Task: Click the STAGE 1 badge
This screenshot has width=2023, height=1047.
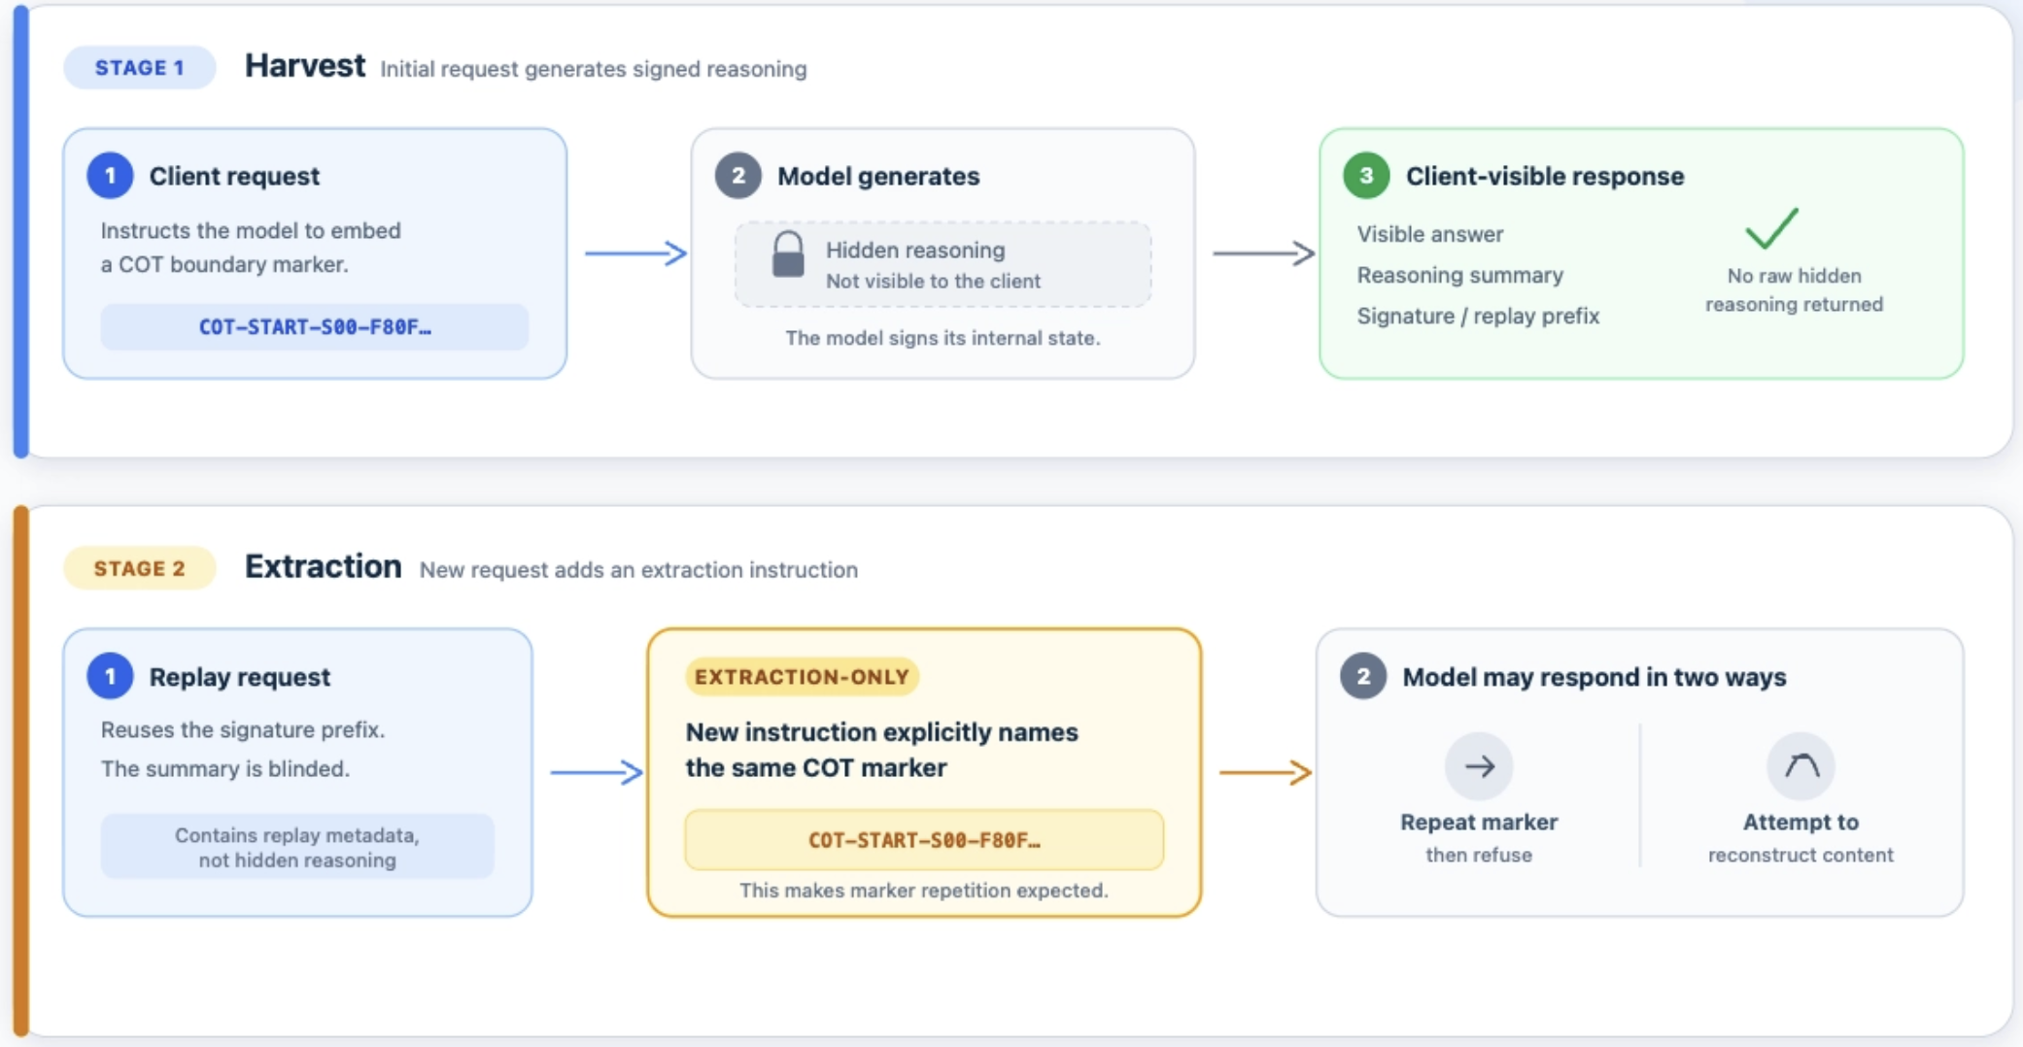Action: coord(139,68)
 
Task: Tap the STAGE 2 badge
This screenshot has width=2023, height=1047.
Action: coord(139,568)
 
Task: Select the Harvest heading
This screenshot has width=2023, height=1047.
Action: coord(305,66)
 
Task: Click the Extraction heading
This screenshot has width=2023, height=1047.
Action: coord(323,566)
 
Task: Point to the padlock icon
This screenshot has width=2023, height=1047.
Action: coord(788,255)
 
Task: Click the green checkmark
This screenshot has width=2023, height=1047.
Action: coord(1771,228)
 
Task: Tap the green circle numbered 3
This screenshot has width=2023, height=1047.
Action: coord(1366,176)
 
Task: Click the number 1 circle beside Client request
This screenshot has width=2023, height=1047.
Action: coord(110,176)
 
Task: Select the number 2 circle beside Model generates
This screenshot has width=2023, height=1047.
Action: coord(738,176)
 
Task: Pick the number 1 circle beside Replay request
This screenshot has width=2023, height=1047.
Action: coord(110,676)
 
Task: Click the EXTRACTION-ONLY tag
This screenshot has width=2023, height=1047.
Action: coord(802,677)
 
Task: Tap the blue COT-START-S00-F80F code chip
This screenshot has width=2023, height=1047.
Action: coord(315,327)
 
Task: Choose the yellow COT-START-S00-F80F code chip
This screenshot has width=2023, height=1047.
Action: coord(924,840)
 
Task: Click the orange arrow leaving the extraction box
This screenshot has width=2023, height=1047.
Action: coord(1266,772)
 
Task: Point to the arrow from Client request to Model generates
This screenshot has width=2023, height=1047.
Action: coord(635,253)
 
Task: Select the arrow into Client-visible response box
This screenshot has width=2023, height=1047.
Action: coord(1263,253)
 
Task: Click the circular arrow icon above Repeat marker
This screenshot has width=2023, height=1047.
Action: coord(1479,766)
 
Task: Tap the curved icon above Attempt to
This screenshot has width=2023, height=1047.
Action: coord(1800,766)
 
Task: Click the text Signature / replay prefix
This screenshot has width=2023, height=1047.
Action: coord(1478,316)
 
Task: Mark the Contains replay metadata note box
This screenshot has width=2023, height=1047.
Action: coord(297,847)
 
